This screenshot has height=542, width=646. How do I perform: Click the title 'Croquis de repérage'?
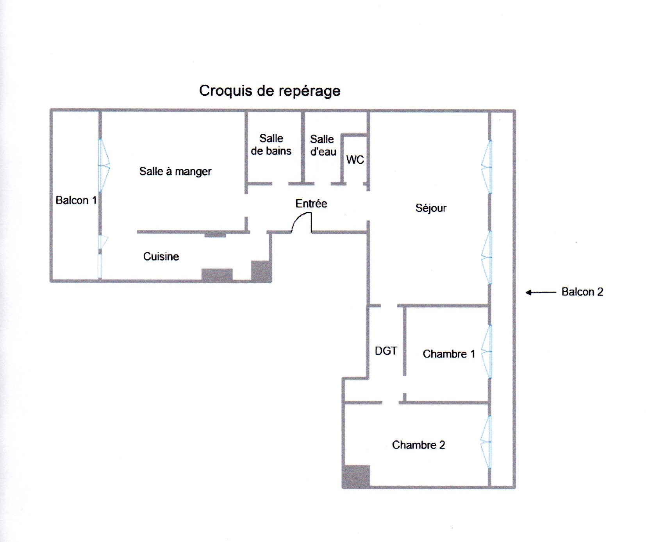[x=269, y=91]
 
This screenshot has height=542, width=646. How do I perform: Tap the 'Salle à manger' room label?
[x=175, y=172]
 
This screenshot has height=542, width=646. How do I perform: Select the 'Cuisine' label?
[x=161, y=256]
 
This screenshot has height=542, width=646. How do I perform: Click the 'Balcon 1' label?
[x=76, y=200]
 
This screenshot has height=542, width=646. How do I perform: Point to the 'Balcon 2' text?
[x=582, y=292]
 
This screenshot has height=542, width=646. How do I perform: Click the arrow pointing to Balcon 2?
[x=541, y=292]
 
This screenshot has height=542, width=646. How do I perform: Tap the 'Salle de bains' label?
[x=271, y=145]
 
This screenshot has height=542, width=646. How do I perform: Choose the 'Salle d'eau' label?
[x=323, y=145]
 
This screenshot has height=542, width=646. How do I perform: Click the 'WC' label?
[x=355, y=159]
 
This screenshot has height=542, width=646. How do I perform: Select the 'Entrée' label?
[x=311, y=204]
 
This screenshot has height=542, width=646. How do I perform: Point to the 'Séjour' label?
[x=431, y=208]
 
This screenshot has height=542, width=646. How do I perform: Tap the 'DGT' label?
[x=386, y=351]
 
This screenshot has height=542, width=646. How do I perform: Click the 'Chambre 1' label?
[x=449, y=354]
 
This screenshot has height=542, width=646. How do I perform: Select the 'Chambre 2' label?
[x=418, y=445]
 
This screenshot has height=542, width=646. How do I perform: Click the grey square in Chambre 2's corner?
[x=356, y=476]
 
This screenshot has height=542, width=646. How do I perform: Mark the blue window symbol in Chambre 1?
[x=487, y=352]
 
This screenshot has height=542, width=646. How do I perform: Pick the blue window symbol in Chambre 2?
[x=485, y=442]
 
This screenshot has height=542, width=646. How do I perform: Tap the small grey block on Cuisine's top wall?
[x=215, y=234]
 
